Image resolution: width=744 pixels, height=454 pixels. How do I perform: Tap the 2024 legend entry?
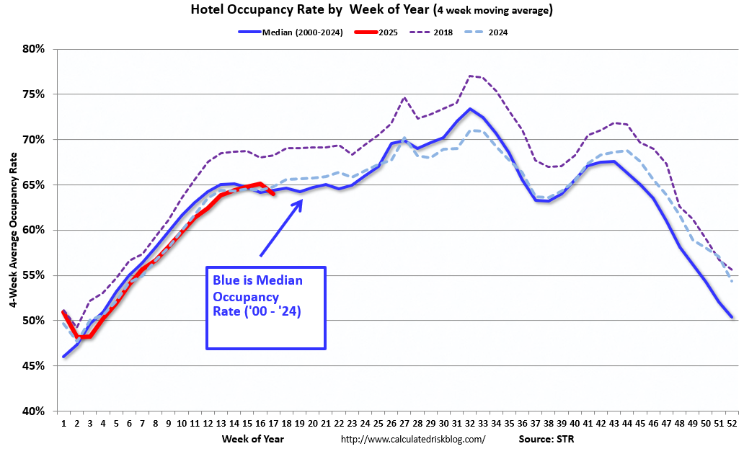tap(497, 32)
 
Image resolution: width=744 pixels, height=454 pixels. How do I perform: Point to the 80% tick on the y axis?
tap(33, 49)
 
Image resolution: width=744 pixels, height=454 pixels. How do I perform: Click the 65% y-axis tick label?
tap(33, 185)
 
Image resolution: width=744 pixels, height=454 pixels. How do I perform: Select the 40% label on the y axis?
tap(33, 411)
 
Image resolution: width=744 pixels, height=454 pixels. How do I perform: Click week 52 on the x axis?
tap(731, 423)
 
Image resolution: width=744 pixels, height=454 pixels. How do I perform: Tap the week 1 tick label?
tap(64, 423)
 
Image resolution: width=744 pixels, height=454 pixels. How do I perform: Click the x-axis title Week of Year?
tap(254, 438)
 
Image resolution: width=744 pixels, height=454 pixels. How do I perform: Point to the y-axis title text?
tap(14, 230)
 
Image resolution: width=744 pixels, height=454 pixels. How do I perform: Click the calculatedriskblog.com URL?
tap(412, 439)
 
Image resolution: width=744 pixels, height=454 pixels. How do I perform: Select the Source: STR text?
tap(546, 438)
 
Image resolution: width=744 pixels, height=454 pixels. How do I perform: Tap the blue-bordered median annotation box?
tap(266, 308)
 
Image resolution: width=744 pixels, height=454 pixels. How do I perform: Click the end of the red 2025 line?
tap(273, 193)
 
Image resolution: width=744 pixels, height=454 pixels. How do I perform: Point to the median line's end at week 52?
tap(731, 316)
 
